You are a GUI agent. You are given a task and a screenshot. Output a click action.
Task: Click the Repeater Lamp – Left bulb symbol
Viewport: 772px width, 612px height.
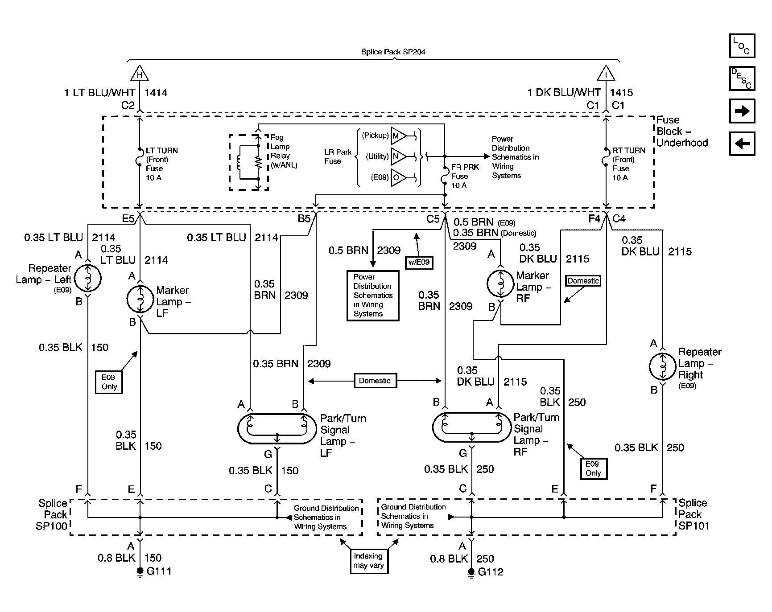(88, 279)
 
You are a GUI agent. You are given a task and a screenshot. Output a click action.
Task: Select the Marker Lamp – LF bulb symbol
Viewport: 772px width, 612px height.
(140, 299)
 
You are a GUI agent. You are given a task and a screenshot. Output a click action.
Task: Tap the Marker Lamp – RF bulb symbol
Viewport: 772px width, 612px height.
(500, 283)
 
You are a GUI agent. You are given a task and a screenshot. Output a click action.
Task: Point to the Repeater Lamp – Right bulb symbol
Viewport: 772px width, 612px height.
(662, 366)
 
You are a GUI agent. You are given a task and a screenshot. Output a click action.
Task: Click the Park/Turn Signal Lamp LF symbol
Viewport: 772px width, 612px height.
(277, 428)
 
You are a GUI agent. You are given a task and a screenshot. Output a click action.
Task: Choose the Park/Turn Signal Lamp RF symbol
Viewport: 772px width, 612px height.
(471, 427)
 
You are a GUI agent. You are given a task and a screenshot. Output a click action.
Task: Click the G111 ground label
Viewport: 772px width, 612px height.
(159, 571)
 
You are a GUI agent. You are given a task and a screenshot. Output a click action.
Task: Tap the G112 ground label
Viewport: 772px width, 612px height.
(491, 572)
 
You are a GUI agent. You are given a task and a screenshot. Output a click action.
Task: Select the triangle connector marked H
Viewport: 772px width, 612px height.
(140, 73)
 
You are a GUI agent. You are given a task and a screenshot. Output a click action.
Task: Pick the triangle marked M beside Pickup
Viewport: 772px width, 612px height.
(399, 136)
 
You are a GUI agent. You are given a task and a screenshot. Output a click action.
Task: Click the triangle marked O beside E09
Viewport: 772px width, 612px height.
(399, 178)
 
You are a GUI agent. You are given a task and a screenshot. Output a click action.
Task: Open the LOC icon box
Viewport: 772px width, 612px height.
(742, 46)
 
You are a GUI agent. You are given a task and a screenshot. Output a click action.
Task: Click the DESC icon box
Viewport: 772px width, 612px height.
(742, 78)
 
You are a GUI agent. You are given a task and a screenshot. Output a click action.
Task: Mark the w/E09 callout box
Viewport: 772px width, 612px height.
(419, 262)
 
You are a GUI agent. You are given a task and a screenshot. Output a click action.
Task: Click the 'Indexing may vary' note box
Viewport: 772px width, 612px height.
(368, 561)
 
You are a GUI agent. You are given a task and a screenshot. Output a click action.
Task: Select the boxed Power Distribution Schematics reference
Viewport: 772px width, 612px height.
(373, 296)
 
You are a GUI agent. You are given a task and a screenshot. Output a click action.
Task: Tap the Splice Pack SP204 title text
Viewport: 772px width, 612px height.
(393, 52)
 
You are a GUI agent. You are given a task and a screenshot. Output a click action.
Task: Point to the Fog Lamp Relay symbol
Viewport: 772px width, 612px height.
(249, 162)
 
